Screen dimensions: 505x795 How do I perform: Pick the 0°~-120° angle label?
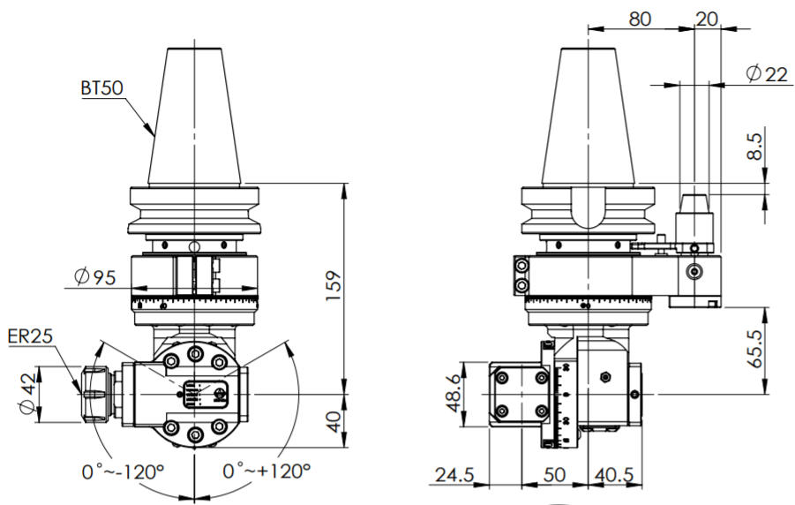tap(124, 471)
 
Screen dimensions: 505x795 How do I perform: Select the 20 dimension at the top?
tap(707, 19)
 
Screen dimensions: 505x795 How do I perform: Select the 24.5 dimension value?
tap(454, 475)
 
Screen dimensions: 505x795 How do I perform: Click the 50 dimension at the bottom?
tap(554, 475)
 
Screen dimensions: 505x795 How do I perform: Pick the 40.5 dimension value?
tap(614, 475)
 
